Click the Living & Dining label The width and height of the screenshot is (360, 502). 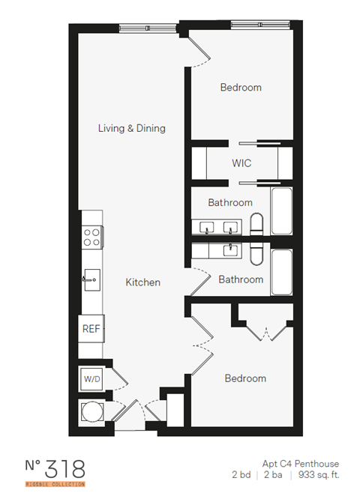pyautogui.click(x=131, y=128)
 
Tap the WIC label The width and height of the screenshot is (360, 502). pyautogui.click(x=241, y=163)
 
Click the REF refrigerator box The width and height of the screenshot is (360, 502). pyautogui.click(x=91, y=328)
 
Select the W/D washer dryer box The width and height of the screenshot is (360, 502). pyautogui.click(x=91, y=380)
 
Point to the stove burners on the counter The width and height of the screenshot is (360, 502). pyautogui.click(x=91, y=238)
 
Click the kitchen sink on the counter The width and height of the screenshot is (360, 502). pyautogui.click(x=91, y=279)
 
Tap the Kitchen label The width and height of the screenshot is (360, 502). pyautogui.click(x=142, y=282)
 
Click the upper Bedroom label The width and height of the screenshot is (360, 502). pyautogui.click(x=241, y=88)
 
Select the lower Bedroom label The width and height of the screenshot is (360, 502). pyautogui.click(x=245, y=378)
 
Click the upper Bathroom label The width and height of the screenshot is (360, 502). pyautogui.click(x=230, y=202)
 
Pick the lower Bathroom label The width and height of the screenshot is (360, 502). pyautogui.click(x=241, y=279)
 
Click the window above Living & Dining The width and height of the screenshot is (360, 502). pyautogui.click(x=148, y=28)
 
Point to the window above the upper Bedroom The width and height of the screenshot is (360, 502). pyautogui.click(x=259, y=25)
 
